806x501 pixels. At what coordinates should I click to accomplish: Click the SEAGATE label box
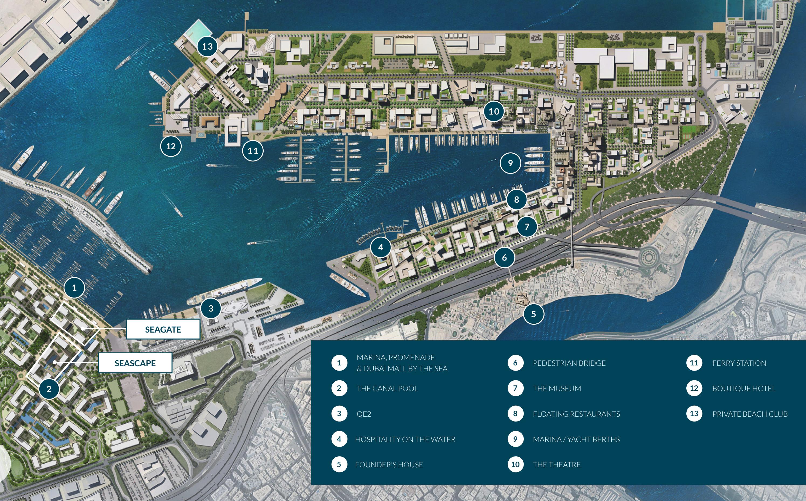(x=163, y=329)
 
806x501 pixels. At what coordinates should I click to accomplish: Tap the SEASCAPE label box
(x=135, y=363)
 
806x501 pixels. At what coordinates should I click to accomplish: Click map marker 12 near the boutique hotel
(x=171, y=146)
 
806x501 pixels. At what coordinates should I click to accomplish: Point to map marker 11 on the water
(x=253, y=151)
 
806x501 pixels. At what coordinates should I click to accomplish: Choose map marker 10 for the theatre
(x=494, y=111)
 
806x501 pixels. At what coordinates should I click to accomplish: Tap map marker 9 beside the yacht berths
(x=510, y=163)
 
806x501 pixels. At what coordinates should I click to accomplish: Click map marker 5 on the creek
(x=533, y=314)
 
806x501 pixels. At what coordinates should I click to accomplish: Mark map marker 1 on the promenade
(x=74, y=288)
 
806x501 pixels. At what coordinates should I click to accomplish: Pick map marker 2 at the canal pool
(x=49, y=389)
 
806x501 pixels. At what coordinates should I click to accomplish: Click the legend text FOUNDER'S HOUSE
(x=389, y=465)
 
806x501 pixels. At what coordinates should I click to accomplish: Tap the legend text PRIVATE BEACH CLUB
(x=750, y=414)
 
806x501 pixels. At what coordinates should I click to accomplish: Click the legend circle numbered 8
(x=515, y=413)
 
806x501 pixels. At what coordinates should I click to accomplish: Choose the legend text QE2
(x=364, y=414)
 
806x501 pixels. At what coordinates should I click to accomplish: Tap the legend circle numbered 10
(x=515, y=464)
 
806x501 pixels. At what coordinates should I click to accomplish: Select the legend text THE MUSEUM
(x=557, y=388)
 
